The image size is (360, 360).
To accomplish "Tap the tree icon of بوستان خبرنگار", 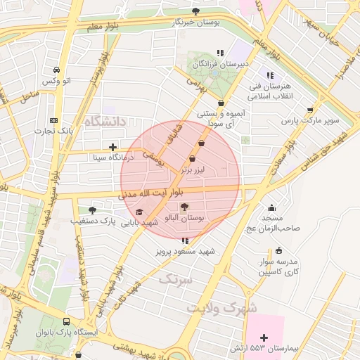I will (196, 11).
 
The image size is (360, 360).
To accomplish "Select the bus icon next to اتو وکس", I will (56, 70).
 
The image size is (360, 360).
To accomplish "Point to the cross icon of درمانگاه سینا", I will (112, 147).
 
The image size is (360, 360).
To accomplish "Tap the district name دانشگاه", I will (104, 122).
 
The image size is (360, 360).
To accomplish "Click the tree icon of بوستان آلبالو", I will (184, 207).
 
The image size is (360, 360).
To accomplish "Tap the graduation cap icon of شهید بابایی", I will (139, 212).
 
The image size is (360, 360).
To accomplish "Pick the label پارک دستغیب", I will (92, 221).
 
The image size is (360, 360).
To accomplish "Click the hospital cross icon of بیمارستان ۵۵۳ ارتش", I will (264, 338).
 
